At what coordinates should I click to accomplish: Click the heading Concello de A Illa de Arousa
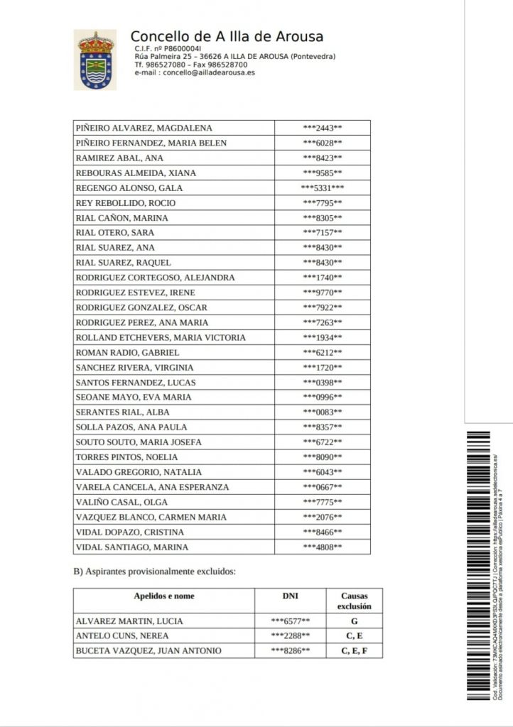click(x=227, y=37)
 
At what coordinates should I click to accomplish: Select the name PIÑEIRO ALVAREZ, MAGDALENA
click(x=144, y=128)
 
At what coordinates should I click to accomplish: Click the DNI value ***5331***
click(x=323, y=188)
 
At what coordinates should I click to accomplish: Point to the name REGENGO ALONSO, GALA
click(x=129, y=188)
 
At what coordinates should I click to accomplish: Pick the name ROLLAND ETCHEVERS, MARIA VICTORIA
click(x=161, y=337)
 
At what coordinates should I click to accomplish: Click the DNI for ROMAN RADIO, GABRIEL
click(x=323, y=352)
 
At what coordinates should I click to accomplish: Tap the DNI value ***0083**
click(x=323, y=412)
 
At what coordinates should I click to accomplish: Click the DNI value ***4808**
click(x=323, y=547)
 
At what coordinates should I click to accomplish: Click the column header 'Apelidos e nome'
click(x=164, y=596)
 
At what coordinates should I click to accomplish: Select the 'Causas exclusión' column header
click(x=355, y=601)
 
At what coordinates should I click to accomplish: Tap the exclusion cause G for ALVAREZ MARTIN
click(x=354, y=621)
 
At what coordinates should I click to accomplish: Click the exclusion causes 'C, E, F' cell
click(x=354, y=651)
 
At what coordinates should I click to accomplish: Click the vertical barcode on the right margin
click(x=478, y=564)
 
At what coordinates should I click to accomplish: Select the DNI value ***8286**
click(x=291, y=651)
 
